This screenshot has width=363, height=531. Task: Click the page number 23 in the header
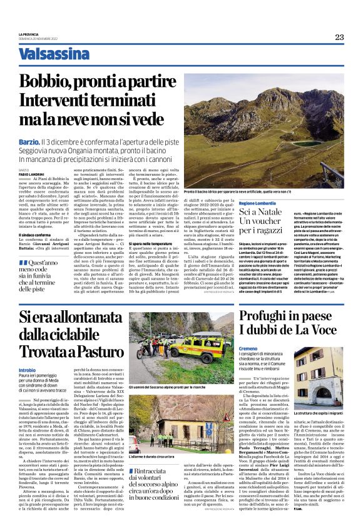pyautogui.click(x=339, y=37)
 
